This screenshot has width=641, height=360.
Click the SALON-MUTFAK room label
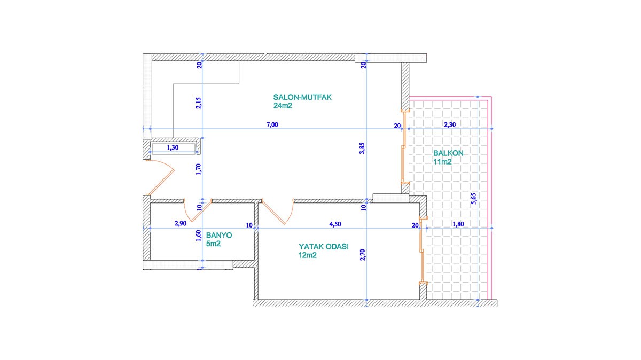tap(302, 97)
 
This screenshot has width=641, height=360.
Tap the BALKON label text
tap(448, 153)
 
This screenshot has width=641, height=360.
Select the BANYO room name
tap(219, 235)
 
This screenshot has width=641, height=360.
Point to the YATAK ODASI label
tap(324, 246)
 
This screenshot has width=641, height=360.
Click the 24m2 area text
tap(283, 106)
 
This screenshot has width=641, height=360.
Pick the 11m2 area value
tap(442, 162)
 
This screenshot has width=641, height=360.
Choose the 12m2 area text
tap(308, 255)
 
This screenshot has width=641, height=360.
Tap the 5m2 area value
tap(213, 244)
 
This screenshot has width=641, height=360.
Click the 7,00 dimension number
tap(272, 124)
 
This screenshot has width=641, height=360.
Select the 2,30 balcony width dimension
tap(450, 124)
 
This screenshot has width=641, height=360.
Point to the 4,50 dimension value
tap(335, 224)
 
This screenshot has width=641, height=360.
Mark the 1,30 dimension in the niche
tap(173, 147)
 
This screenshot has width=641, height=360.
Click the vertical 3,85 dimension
tap(362, 148)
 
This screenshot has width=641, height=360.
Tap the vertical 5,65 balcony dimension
tap(474, 198)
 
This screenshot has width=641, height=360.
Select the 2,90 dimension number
tap(181, 223)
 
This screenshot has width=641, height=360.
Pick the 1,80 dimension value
tap(458, 224)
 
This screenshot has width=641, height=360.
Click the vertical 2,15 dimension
tap(198, 103)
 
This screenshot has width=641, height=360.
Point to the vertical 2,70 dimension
tap(363, 255)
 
